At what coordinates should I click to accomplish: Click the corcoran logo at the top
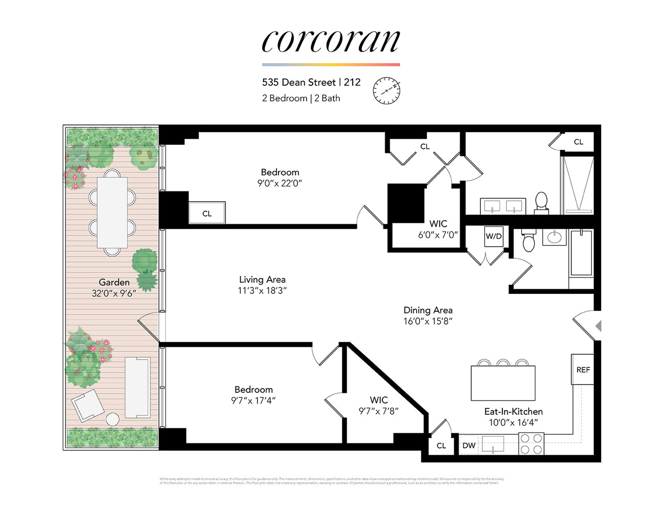tap(330, 41)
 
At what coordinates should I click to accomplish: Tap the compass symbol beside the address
tap(386, 91)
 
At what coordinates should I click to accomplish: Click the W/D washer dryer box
tap(494, 236)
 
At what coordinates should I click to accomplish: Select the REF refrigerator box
tap(583, 370)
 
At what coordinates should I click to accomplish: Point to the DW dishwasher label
tap(468, 445)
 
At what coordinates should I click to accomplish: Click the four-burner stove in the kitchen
tap(531, 444)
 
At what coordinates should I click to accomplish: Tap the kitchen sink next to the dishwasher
tap(493, 444)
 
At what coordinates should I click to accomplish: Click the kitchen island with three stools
tap(503, 383)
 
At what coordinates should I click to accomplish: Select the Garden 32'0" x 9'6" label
tap(114, 288)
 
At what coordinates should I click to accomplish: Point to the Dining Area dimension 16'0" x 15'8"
tap(428, 322)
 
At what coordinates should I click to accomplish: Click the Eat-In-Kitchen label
tap(513, 412)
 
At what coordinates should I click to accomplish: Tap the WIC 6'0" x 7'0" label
tap(438, 229)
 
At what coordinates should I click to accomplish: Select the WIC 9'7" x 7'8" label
tap(378, 405)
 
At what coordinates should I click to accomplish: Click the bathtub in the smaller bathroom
tap(581, 253)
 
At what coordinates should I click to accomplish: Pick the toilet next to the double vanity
tap(541, 202)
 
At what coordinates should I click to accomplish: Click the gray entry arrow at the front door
tap(597, 326)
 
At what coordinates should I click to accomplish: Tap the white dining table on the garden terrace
tap(112, 212)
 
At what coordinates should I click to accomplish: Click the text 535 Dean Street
tap(298, 82)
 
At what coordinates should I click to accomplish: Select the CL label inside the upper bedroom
tap(207, 214)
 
